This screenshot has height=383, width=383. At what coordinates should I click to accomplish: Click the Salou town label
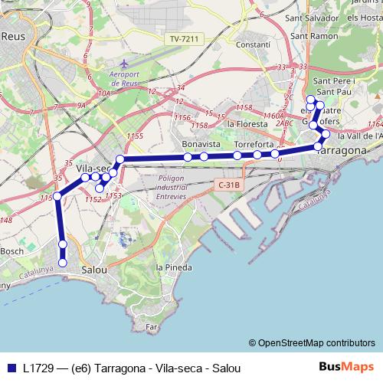point(94,270)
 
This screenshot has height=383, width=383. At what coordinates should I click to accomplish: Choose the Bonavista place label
point(202,144)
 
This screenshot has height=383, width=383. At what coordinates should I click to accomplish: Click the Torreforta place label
point(254,144)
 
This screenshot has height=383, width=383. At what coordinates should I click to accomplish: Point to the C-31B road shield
point(229,185)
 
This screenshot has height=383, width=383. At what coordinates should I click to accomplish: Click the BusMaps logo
point(347,367)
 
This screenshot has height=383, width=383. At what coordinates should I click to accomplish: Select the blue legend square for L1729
point(11,368)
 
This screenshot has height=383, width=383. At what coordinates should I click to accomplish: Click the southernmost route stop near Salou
point(63,263)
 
